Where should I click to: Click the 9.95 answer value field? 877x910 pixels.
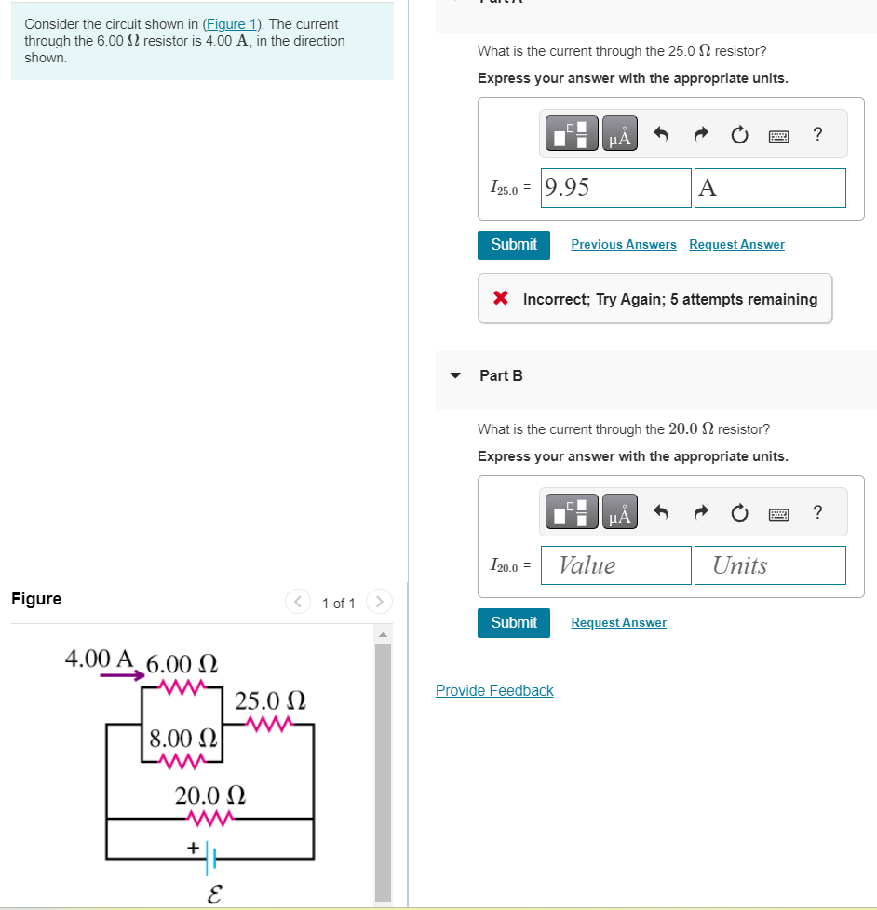click(617, 187)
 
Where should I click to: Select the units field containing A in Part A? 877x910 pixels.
click(770, 187)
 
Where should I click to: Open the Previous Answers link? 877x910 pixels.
click(624, 244)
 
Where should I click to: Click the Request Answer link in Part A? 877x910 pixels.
click(736, 244)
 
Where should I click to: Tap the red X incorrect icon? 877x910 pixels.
click(501, 299)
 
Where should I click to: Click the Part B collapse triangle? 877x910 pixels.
click(455, 375)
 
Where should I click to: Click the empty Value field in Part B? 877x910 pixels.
click(617, 565)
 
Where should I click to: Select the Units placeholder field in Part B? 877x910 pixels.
click(770, 565)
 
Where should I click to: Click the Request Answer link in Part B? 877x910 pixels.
click(618, 622)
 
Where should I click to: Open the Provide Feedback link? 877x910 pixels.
click(494, 690)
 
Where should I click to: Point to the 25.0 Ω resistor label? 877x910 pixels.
click(271, 699)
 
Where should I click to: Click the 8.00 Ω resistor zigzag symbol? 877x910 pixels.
click(182, 762)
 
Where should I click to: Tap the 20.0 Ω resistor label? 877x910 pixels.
click(210, 795)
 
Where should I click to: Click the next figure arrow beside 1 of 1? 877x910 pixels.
click(380, 603)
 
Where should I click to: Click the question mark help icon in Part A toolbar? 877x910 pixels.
click(817, 135)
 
